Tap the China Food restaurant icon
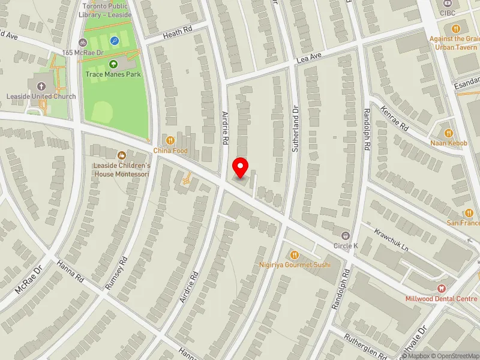[171, 140]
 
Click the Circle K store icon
[345, 235]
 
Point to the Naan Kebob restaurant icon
[448, 133]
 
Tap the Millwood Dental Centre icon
[442, 289]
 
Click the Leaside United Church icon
[41, 86]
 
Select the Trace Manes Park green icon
[113, 64]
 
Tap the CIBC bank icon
[447, 2]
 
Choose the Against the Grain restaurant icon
[456, 28]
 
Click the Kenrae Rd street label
[394, 119]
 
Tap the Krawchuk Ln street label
[391, 239]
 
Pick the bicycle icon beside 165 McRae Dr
[83, 43]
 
